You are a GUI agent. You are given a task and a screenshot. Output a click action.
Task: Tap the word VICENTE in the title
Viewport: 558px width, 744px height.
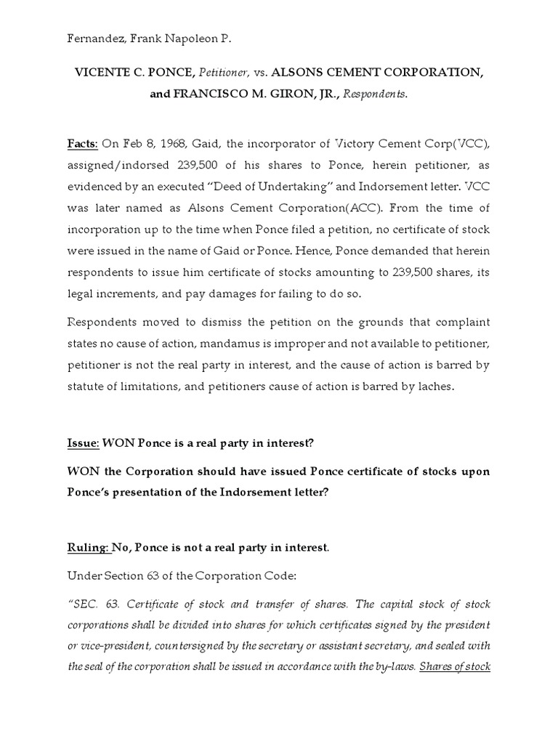click(x=102, y=73)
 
